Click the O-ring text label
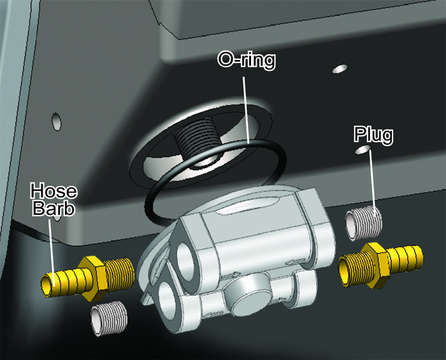point(247,61)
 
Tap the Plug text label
point(374,135)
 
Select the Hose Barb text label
point(54,199)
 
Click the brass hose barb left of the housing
point(88,278)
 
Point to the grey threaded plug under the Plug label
point(363,224)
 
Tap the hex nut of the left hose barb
point(94,278)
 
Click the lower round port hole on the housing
point(167,298)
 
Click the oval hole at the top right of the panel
point(340,69)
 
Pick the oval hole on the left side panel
point(56,122)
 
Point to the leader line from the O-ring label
point(246,110)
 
